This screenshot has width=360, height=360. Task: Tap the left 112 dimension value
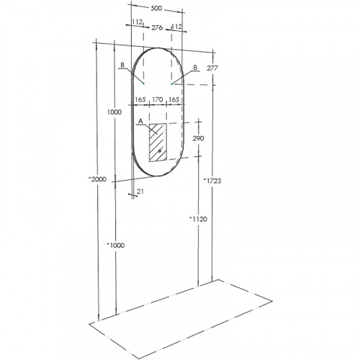(x=138, y=22)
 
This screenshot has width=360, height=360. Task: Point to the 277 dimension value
(x=212, y=68)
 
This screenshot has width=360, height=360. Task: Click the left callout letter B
(x=123, y=65)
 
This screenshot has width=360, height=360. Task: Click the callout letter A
(x=140, y=120)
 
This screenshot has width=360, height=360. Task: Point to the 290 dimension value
(x=199, y=138)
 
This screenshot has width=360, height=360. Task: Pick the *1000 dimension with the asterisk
(x=114, y=246)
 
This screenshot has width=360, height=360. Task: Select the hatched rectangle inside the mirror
(x=157, y=142)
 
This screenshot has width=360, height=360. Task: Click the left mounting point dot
(x=143, y=84)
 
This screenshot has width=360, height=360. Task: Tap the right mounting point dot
(x=171, y=84)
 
